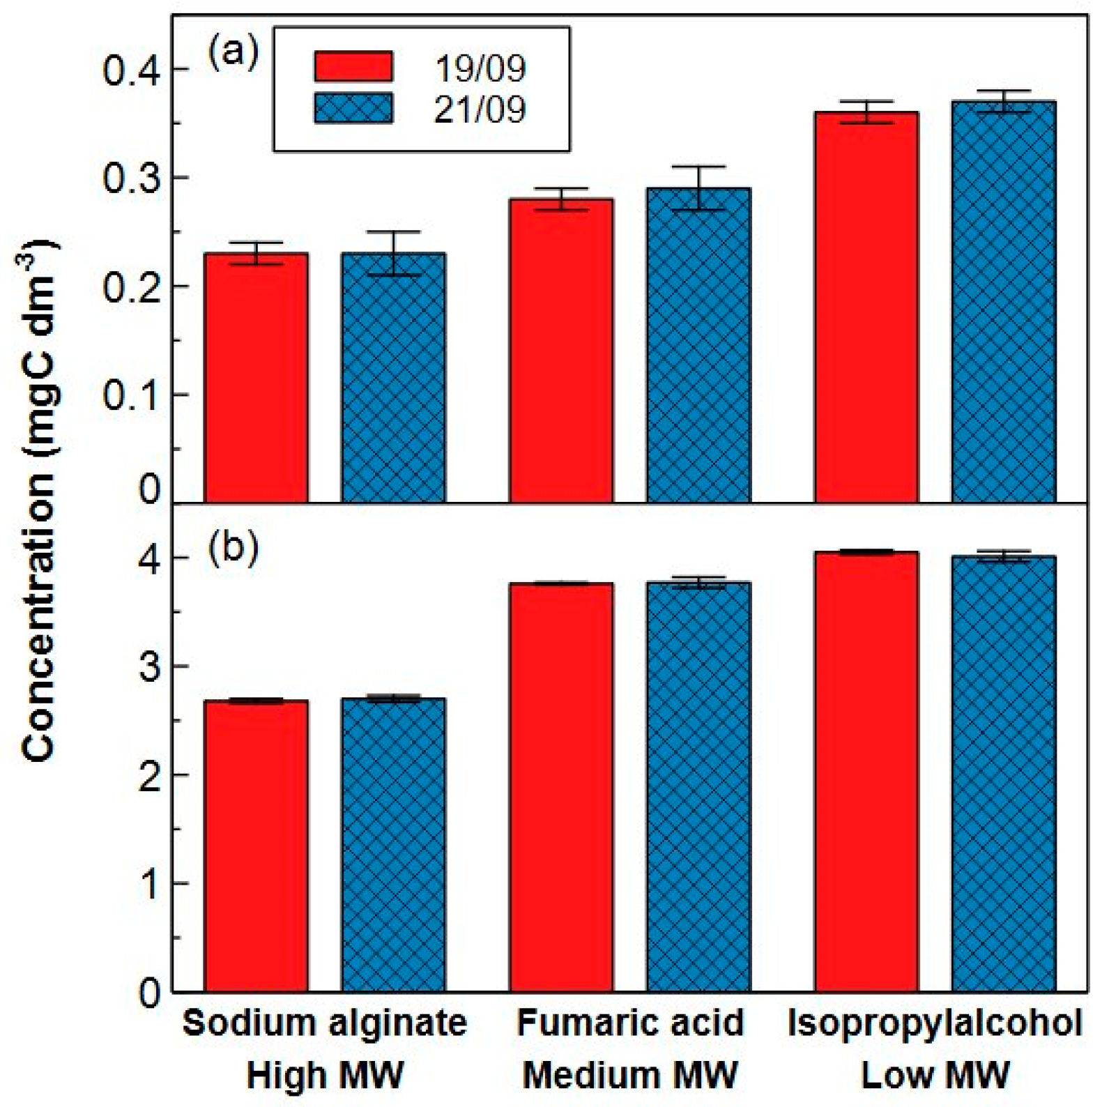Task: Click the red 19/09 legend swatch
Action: (x=353, y=66)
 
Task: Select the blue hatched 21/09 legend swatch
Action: (x=353, y=108)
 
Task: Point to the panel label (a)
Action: (x=233, y=52)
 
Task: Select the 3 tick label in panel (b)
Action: (x=150, y=667)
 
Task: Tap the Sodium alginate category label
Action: (x=324, y=1023)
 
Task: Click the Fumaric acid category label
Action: (x=630, y=1023)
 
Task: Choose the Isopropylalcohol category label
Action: (x=935, y=1023)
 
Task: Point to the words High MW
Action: (x=324, y=1075)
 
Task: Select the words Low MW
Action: (x=935, y=1075)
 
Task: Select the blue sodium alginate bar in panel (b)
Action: (x=393, y=843)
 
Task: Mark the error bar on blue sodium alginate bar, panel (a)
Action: (x=393, y=253)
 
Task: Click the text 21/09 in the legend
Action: (x=480, y=109)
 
